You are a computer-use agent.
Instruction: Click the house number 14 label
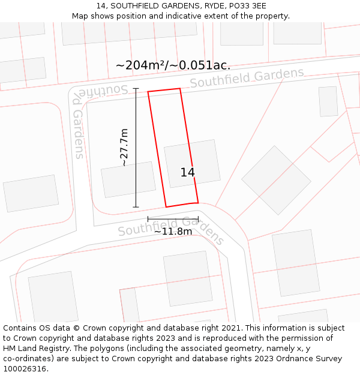[x=187, y=172]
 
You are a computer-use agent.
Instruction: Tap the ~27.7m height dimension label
[x=124, y=148]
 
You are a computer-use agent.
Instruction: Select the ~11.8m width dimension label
[x=173, y=231]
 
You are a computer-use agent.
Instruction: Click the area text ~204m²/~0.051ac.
[x=173, y=65]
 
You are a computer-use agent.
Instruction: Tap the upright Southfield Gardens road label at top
[x=247, y=78]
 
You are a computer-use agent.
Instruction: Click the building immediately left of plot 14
[x=128, y=179]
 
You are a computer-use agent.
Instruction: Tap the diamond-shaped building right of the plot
[x=276, y=180]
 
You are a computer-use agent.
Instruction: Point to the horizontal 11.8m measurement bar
[x=173, y=220]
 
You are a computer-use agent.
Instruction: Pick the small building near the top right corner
[x=328, y=101]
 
